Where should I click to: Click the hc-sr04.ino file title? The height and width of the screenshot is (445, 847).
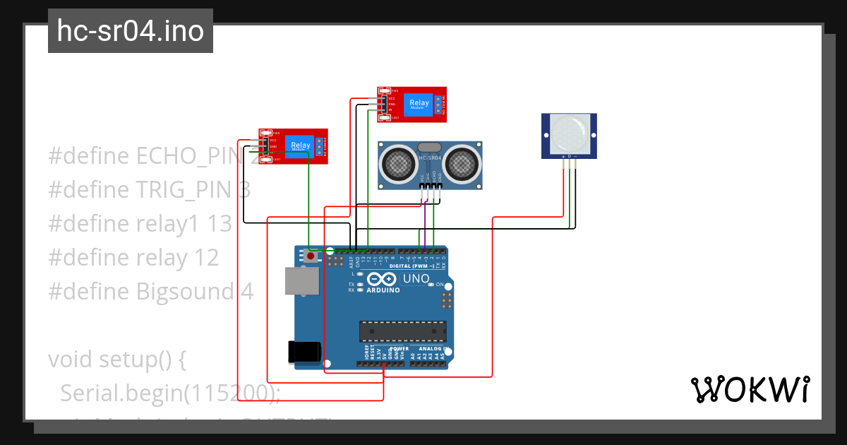coord(130,31)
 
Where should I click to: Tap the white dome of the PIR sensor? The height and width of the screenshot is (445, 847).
coord(569,132)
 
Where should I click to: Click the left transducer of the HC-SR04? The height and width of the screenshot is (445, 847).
coord(398,163)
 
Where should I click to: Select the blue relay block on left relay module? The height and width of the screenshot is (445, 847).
coord(300,146)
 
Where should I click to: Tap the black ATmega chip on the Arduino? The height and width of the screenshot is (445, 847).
coord(402,330)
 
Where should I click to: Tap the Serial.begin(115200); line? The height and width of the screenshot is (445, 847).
coord(169,393)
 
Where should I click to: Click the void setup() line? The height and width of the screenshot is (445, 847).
coord(117,360)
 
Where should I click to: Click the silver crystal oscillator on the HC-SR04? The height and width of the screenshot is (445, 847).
coord(430,147)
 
